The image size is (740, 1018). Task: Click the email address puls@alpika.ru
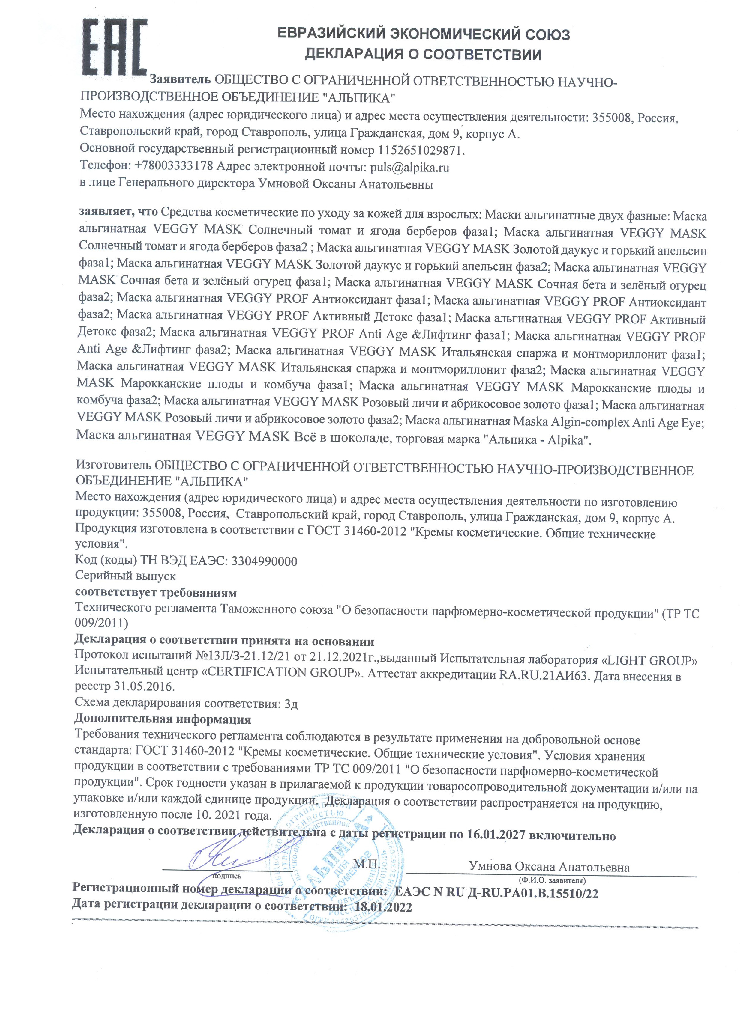pos(409,168)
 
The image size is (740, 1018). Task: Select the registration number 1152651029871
pos(421,151)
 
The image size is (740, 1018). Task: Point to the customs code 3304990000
pos(264,561)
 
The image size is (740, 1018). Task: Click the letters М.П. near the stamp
pos(366,864)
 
